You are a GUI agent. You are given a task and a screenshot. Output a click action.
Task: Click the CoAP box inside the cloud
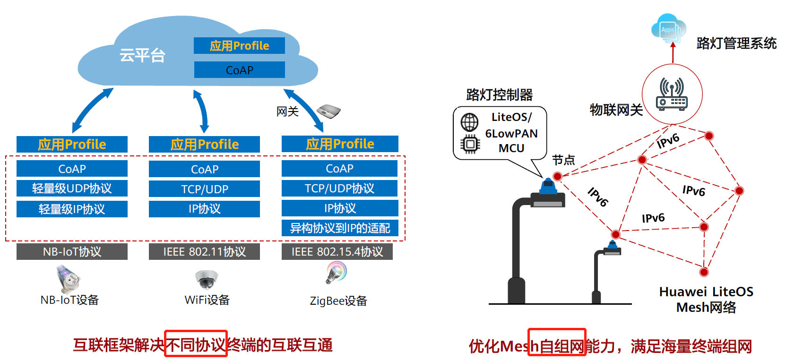[239, 70]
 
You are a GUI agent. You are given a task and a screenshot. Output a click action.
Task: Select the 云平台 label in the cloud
[142, 55]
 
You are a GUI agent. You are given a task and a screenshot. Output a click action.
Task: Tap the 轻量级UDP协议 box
[72, 189]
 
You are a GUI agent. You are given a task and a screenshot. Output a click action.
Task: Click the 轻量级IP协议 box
[72, 209]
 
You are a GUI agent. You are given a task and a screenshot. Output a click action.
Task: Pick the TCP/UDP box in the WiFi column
[204, 189]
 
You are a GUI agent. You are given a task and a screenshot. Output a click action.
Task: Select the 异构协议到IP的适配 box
[340, 228]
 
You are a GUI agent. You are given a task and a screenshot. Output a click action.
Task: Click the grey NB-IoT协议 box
[72, 252]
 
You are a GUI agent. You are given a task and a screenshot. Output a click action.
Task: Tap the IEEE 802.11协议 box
[204, 252]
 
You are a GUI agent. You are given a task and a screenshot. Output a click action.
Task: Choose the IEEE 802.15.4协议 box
[337, 252]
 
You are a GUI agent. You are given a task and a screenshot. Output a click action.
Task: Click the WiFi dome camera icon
[207, 279]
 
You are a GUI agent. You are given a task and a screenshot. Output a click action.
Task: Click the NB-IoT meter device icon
[69, 279]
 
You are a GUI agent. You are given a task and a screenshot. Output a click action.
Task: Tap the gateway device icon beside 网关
[329, 111]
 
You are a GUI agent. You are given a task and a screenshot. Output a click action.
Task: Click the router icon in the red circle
[672, 94]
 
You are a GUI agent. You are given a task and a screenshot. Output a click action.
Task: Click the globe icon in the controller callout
[469, 122]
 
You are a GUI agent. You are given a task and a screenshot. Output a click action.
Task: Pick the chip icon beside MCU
[470, 144]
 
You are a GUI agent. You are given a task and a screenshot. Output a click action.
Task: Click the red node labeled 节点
[557, 176]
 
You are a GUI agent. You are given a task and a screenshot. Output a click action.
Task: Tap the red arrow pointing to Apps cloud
[673, 52]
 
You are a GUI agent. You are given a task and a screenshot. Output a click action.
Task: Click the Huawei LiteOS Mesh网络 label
[706, 299]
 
